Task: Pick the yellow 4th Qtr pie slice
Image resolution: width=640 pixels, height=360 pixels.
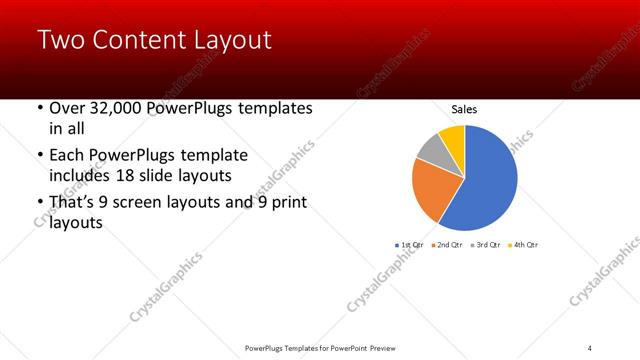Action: coord(453,137)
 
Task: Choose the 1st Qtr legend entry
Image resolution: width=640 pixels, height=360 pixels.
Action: coord(410,245)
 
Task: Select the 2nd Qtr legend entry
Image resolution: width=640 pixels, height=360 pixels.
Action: coord(447,245)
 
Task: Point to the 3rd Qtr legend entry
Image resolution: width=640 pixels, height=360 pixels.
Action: coord(485,245)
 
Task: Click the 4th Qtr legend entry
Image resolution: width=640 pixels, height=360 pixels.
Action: coord(523,245)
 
